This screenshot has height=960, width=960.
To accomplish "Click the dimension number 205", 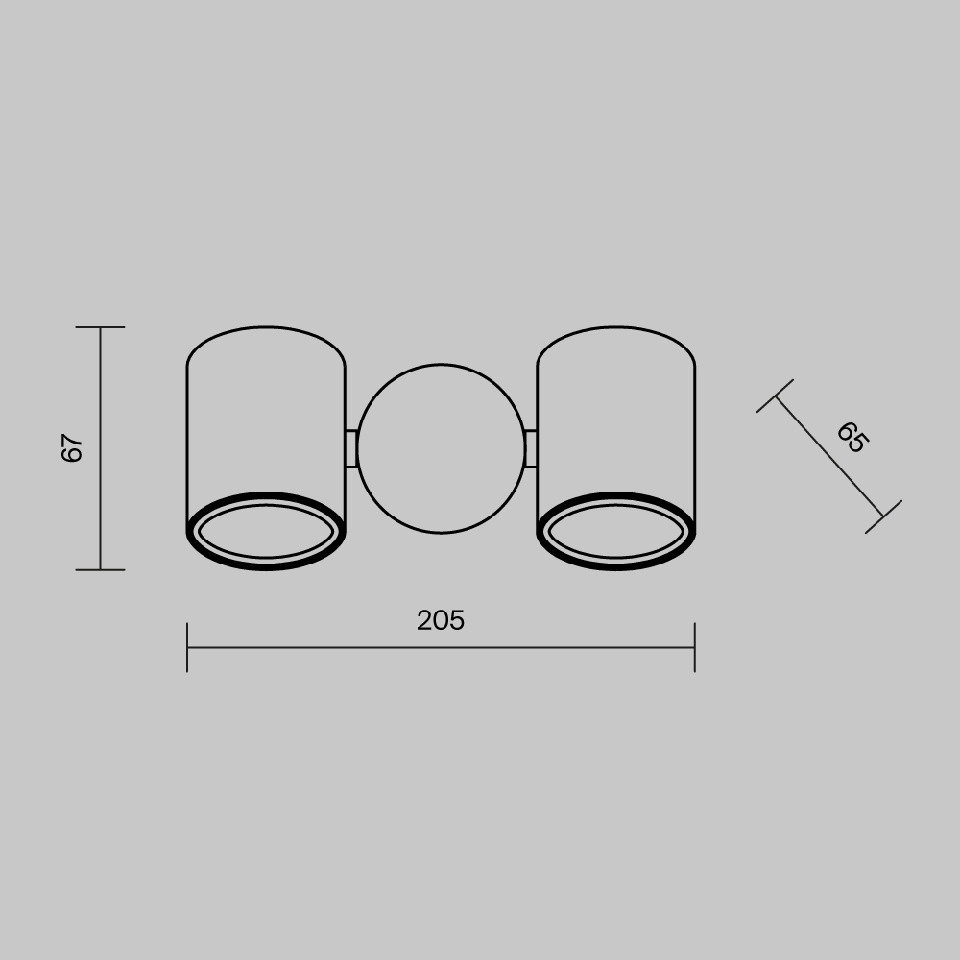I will click(441, 621).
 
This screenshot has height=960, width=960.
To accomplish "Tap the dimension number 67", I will click(73, 448).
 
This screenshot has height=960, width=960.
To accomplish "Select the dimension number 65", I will click(851, 437).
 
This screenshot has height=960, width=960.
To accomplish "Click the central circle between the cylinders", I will click(442, 448).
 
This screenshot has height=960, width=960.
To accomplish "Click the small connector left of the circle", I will click(351, 448).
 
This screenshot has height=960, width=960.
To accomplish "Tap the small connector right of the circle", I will click(531, 448).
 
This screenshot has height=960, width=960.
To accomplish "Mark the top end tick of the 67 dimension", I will click(101, 327).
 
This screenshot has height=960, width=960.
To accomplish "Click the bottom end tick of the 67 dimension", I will click(101, 569).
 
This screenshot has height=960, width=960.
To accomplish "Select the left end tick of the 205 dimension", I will click(187, 647).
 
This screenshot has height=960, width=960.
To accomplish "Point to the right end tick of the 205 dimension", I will click(694, 647).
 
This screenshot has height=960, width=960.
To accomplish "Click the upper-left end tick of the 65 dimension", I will click(776, 396).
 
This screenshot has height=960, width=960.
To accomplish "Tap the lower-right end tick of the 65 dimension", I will click(883, 516).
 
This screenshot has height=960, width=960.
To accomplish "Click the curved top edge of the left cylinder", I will click(266, 330).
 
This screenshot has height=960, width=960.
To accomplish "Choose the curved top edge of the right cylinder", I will click(616, 330).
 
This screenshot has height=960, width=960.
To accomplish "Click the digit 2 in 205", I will click(425, 621).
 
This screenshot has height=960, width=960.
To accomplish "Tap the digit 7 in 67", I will click(73, 440).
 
